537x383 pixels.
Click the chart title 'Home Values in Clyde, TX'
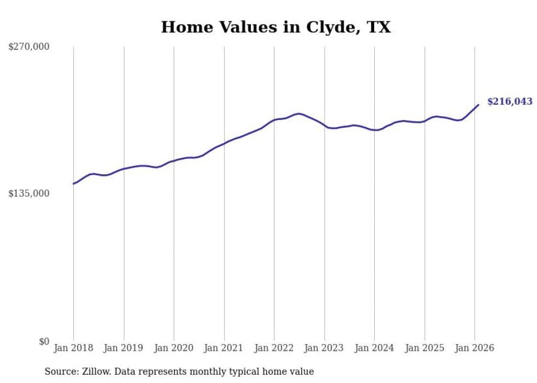click(276, 27)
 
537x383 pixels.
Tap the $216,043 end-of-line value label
click(510, 101)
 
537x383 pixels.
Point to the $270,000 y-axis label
click(28, 47)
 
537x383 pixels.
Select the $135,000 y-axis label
click(28, 193)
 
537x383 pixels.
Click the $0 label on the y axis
click(44, 341)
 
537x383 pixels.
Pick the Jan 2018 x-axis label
click(73, 348)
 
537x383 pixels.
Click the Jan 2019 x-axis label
click(124, 348)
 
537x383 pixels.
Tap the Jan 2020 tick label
click(174, 348)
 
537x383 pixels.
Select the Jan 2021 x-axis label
click(224, 348)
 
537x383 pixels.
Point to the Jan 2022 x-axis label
click(274, 348)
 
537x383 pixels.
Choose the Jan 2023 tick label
click(324, 348)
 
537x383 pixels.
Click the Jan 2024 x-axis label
click(374, 348)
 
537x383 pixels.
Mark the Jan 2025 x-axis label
click(425, 348)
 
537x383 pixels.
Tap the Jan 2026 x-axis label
click(475, 348)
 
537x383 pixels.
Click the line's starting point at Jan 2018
click(73, 184)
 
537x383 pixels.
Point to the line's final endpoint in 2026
click(478, 105)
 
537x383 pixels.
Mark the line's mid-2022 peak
click(299, 113)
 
